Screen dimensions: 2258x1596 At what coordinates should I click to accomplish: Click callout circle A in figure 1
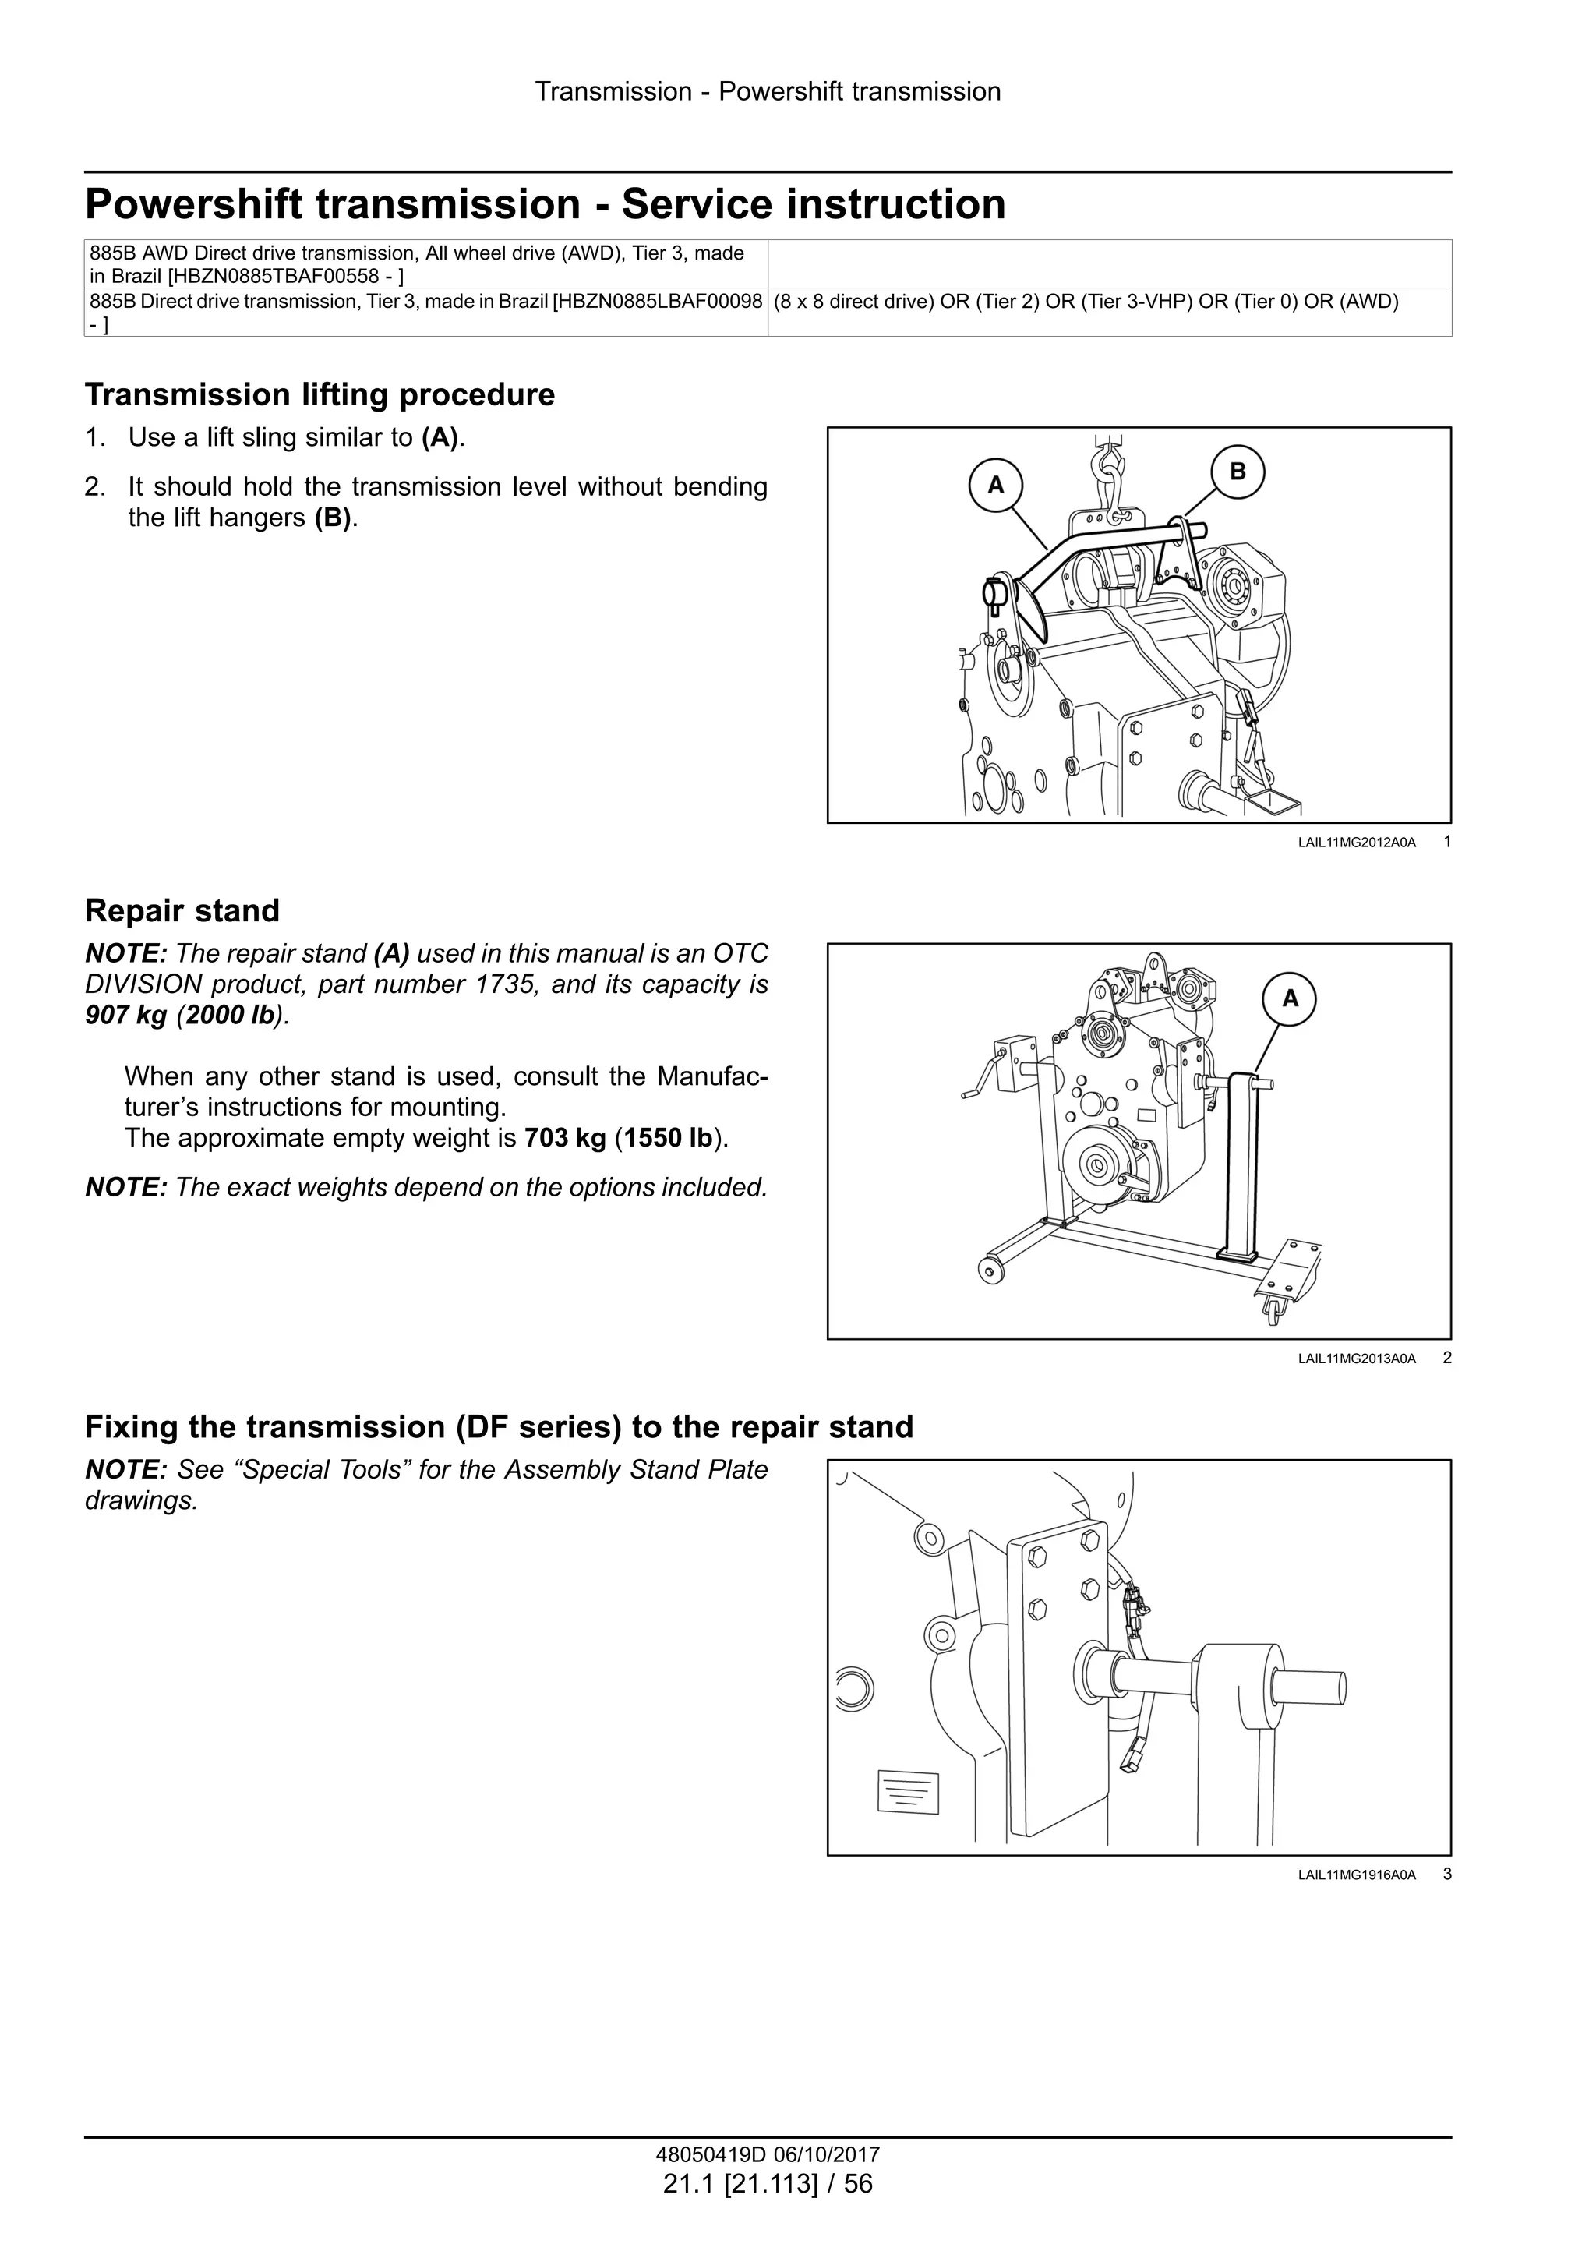tap(995, 485)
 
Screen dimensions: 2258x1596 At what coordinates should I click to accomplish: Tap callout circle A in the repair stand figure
tap(1291, 999)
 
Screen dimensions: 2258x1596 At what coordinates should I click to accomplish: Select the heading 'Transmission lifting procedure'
tap(320, 394)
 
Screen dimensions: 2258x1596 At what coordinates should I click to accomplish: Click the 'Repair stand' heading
tap(182, 910)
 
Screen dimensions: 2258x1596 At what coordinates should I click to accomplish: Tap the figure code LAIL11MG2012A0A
tap(1356, 843)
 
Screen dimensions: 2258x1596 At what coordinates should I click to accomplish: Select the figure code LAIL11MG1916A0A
tap(1356, 1875)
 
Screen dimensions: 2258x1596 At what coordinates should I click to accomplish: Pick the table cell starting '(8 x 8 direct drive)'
tap(1086, 302)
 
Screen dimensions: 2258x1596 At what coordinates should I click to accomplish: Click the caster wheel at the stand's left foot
tap(988, 1271)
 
